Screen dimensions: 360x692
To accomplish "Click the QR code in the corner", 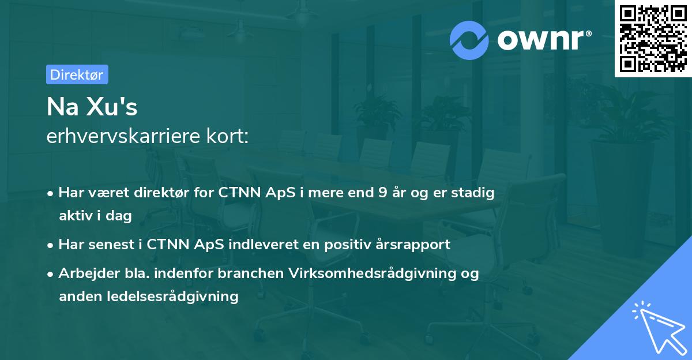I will coord(653,39).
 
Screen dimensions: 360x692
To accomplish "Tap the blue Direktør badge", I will coord(77,74).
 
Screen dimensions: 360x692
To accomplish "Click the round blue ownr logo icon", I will coord(469,40).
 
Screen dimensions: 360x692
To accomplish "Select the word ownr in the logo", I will coord(544,40).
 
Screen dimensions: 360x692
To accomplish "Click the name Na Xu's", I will coord(92,107).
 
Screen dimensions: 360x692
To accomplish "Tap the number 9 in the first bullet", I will coord(382,193).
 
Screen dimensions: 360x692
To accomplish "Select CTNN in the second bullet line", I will coord(167,244).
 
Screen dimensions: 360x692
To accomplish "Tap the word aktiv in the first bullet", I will coord(74,216).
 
